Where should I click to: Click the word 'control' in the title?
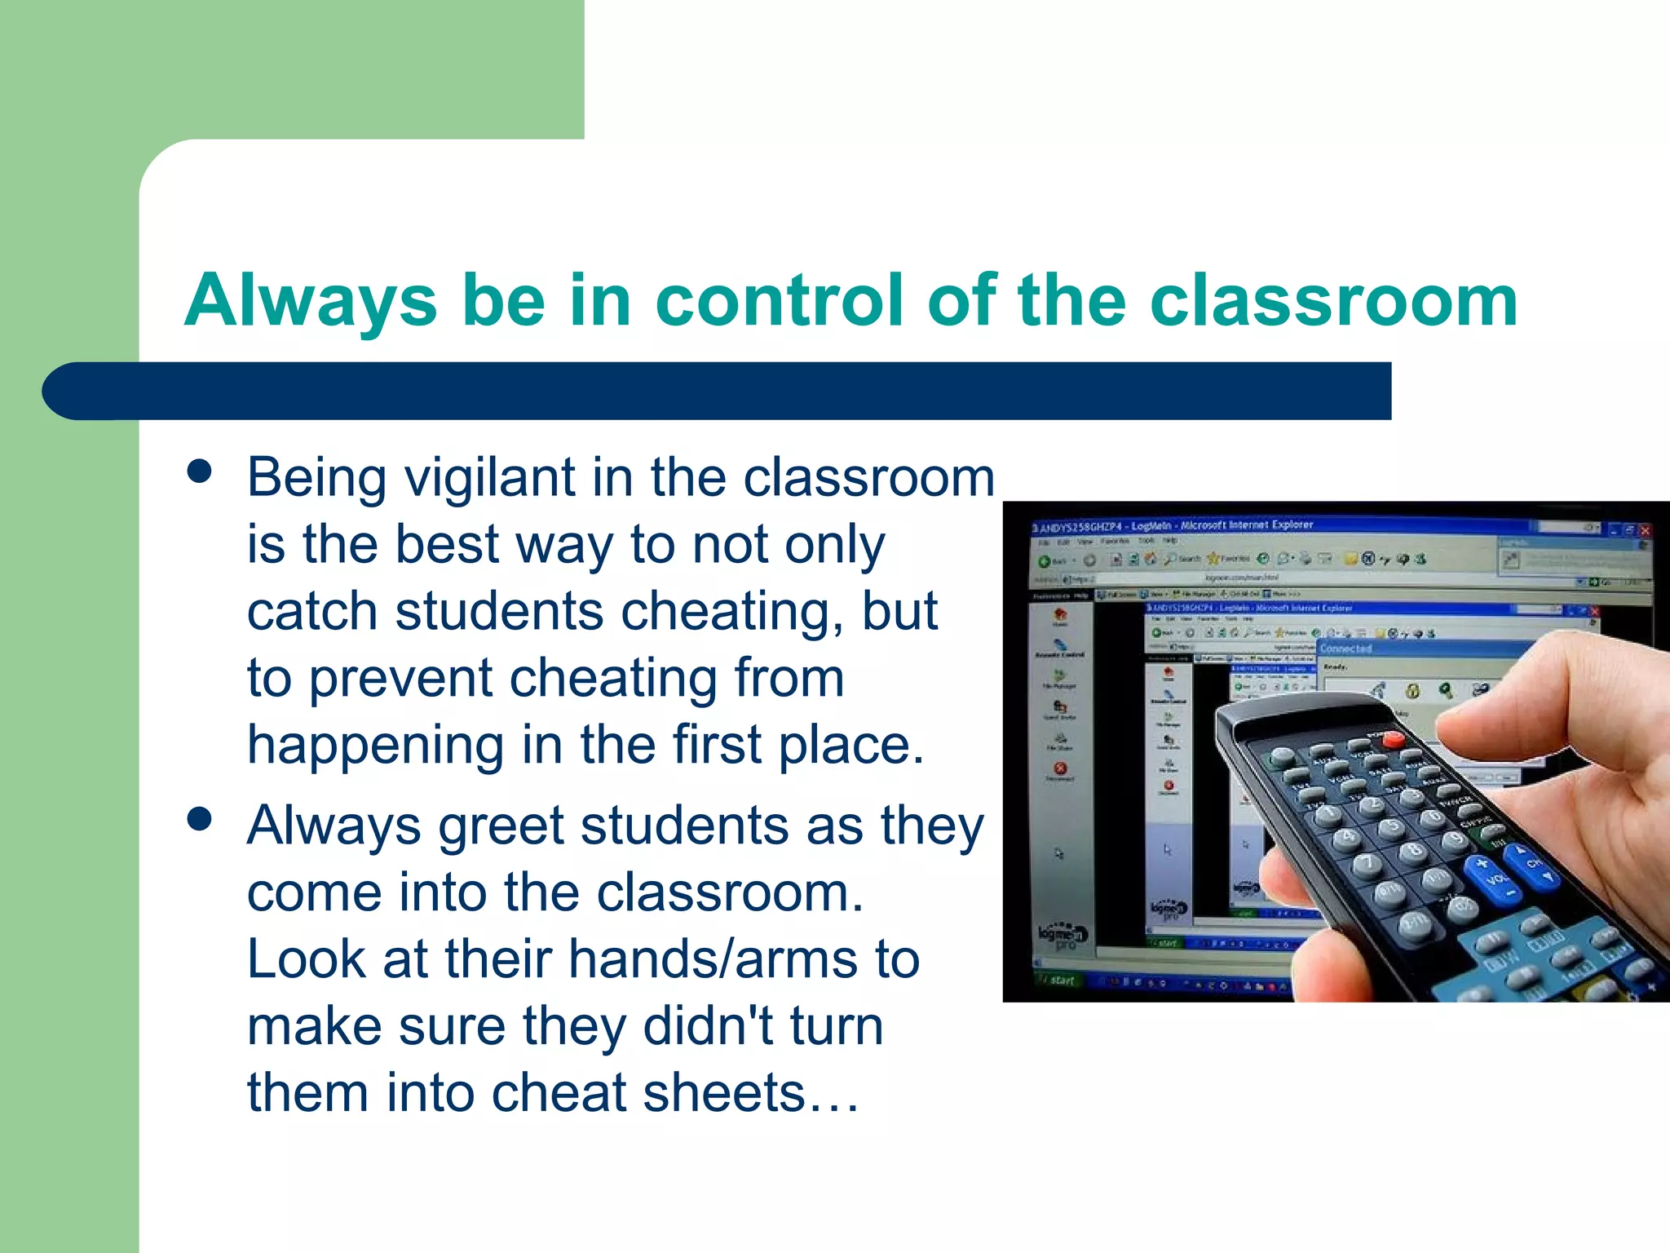pos(780,300)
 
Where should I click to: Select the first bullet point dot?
pos(199,471)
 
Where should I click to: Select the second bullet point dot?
pos(199,818)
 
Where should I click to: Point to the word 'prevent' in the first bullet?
pos(400,679)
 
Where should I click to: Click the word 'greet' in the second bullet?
pos(501,826)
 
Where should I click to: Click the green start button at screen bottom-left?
pos(1057,980)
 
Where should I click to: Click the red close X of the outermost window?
pos(1645,530)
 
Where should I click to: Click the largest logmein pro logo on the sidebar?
pos(1063,936)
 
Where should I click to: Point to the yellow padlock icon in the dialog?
pos(1412,691)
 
